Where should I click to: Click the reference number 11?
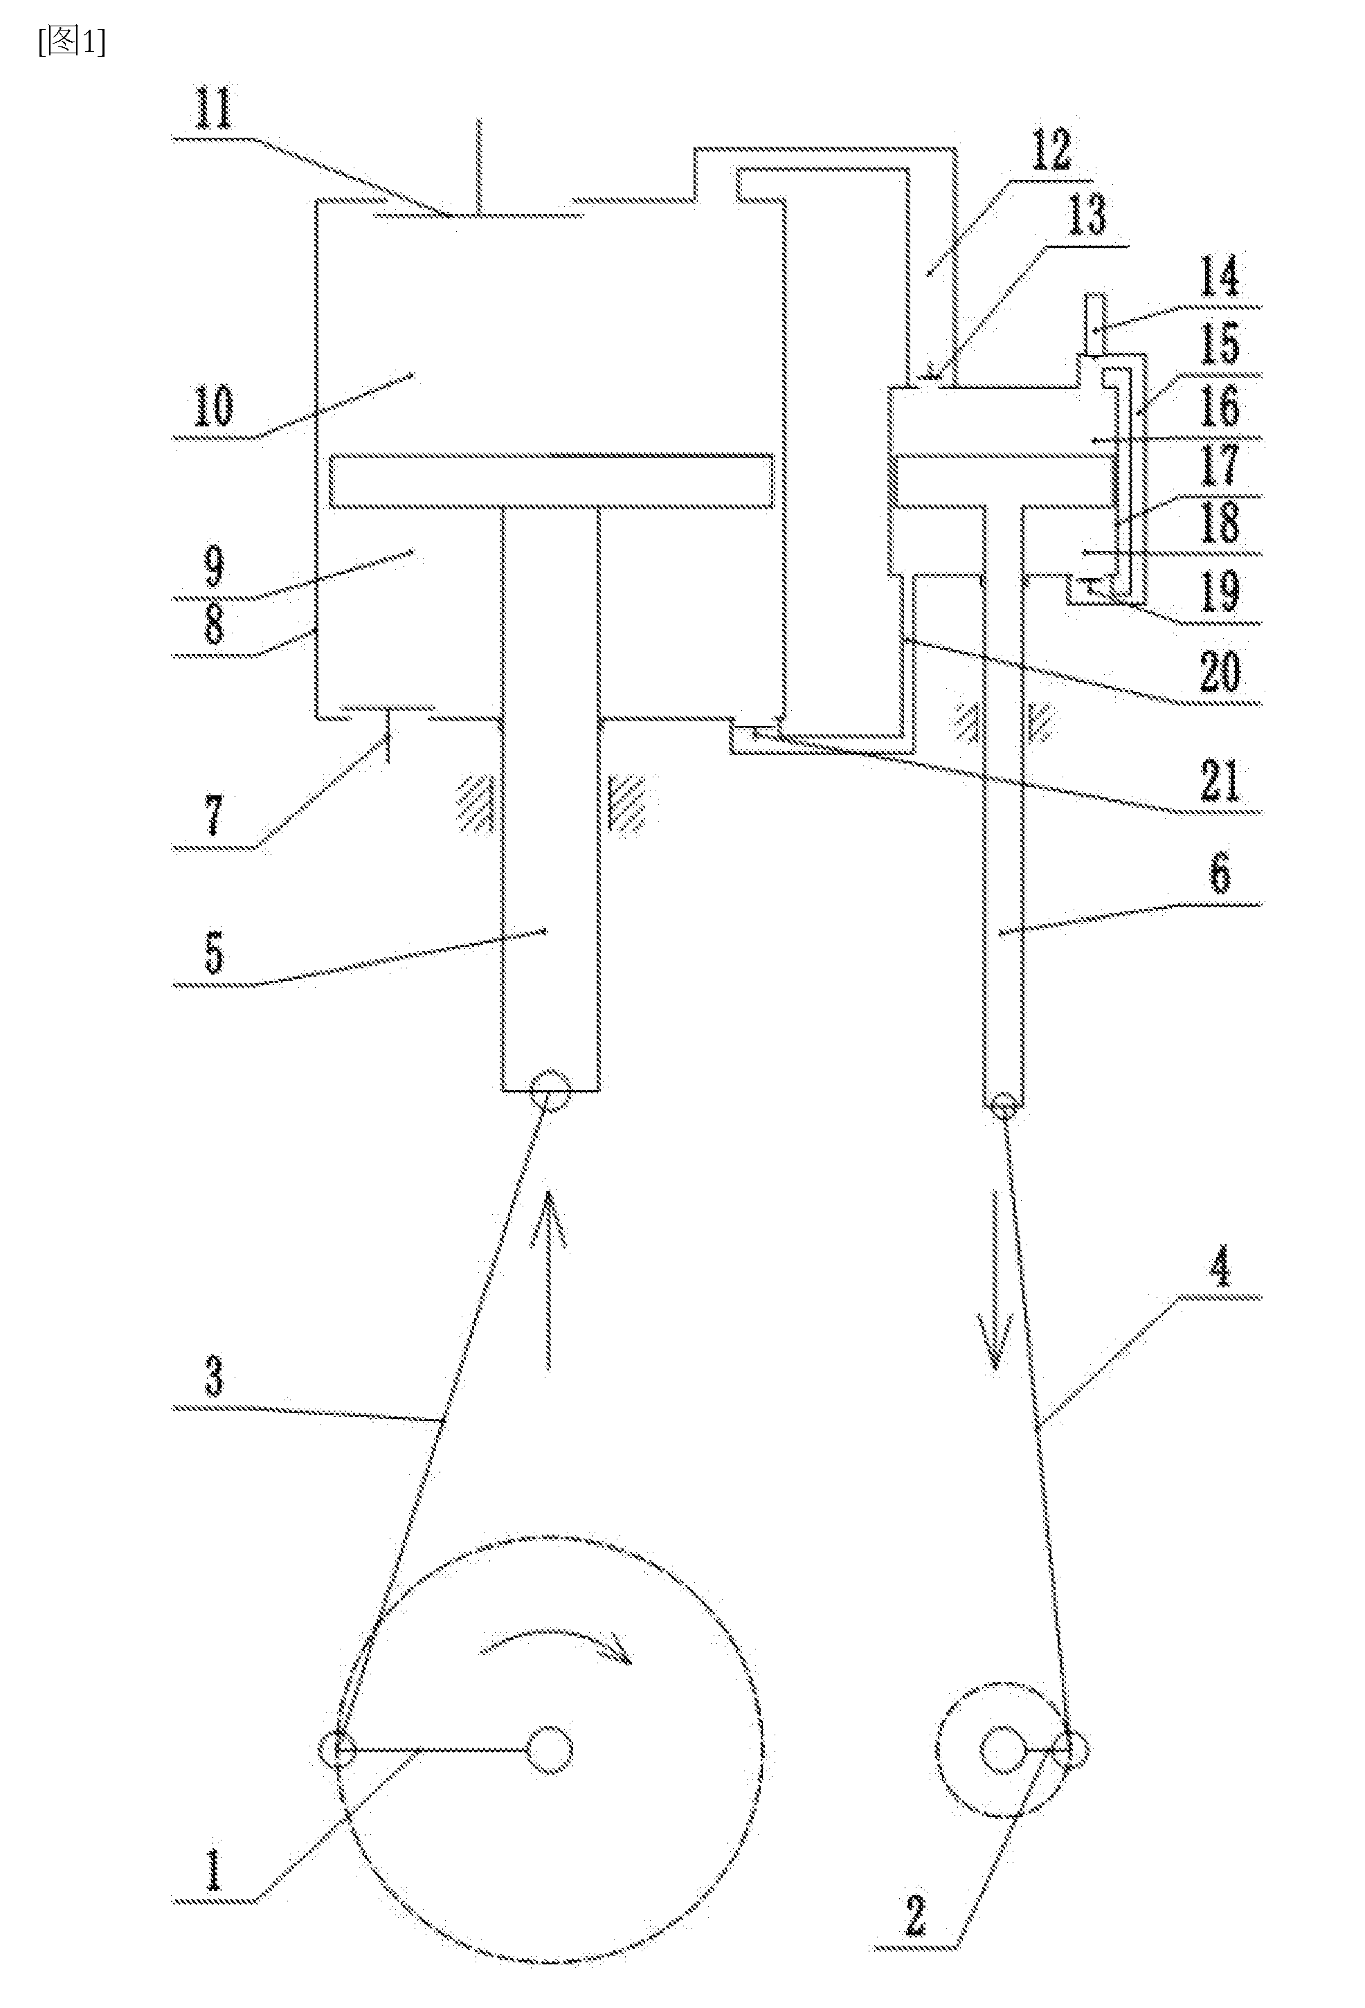coord(213,110)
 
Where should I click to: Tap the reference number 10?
coord(213,406)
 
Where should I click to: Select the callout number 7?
coord(213,815)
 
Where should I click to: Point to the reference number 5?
coord(213,952)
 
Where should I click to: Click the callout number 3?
coord(213,1377)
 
